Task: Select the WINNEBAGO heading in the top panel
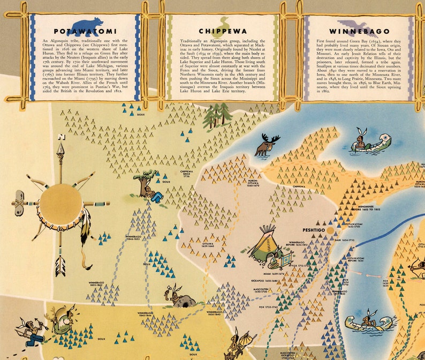[360, 32]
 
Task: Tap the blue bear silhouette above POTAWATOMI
[87, 22]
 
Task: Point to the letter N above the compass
[61, 136]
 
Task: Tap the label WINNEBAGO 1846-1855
[134, 237]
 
